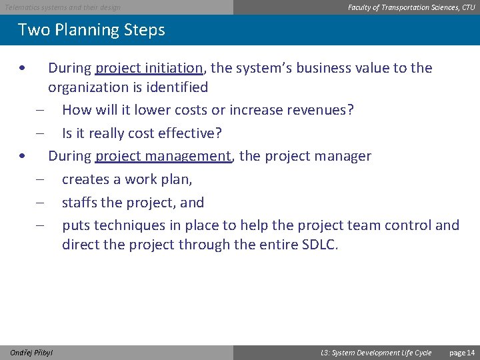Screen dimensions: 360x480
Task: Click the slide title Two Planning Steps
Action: click(91, 30)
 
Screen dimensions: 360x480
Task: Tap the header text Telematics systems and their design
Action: click(63, 7)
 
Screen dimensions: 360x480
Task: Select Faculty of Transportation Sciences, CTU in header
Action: click(411, 7)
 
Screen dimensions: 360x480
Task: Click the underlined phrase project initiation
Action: click(149, 68)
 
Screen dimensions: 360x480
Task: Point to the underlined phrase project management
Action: click(163, 156)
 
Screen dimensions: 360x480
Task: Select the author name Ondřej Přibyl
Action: click(32, 353)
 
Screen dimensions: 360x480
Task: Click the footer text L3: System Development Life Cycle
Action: click(376, 353)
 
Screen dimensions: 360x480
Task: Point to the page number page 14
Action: click(462, 353)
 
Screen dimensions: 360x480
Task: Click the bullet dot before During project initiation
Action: click(23, 69)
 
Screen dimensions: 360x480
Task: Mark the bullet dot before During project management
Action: click(23, 157)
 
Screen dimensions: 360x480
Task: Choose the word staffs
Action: click(81, 203)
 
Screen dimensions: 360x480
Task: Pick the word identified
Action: click(179, 87)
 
